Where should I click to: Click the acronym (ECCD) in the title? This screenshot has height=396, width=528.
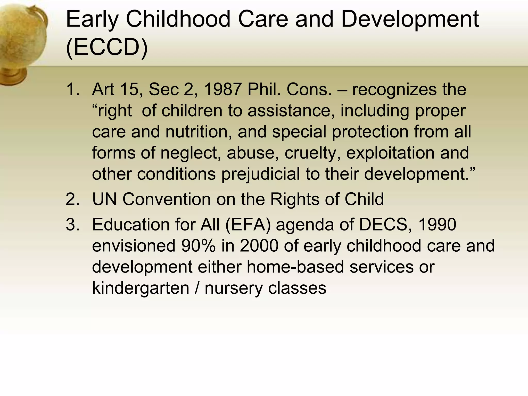click(107, 47)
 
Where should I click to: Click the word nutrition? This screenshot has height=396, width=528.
click(199, 131)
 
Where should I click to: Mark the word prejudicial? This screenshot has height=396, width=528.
click(260, 174)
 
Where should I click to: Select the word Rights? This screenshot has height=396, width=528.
click(294, 199)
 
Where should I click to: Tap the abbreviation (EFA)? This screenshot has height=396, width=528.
click(248, 224)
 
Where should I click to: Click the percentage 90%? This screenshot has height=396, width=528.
click(198, 245)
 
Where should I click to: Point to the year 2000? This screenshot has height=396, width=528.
click(259, 245)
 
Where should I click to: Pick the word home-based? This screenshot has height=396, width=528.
click(295, 267)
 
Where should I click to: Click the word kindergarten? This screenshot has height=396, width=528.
click(141, 288)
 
